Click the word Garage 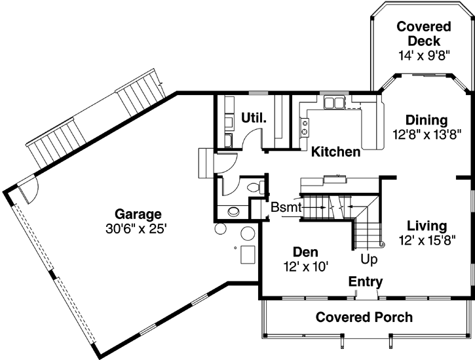tap(138, 214)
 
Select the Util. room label tap(254, 118)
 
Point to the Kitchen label tap(335, 152)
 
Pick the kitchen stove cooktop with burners tap(305, 126)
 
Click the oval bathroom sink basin tap(233, 212)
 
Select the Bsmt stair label tap(286, 207)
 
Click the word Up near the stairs tap(370, 260)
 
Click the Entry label tap(365, 281)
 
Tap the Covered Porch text tap(364, 317)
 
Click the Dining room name tap(426, 121)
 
